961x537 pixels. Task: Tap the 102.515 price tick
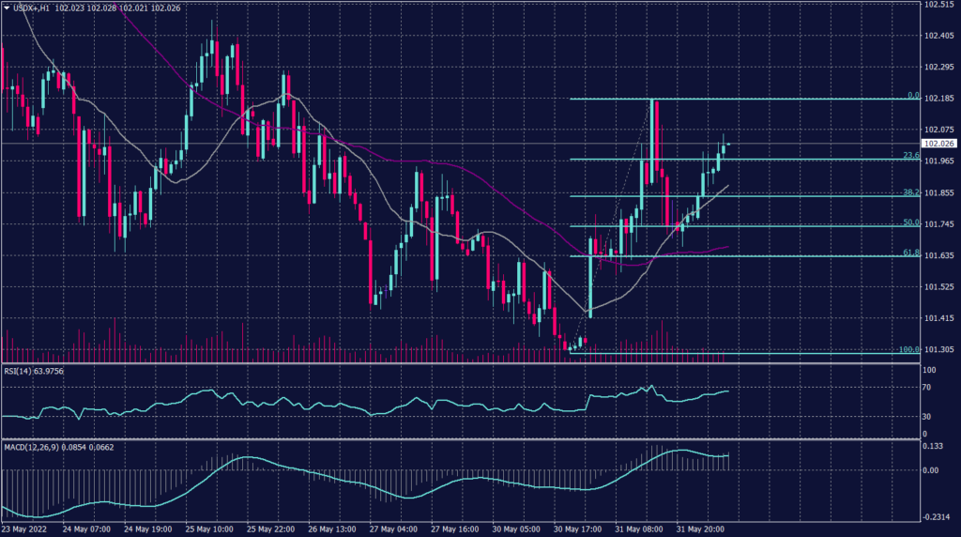939,5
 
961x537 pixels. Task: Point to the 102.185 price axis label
939,98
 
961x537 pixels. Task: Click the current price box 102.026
939,144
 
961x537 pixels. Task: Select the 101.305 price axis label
939,349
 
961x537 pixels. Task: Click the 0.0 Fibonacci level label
912,96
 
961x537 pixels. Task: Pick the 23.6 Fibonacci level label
910,156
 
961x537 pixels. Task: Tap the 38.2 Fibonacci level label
910,192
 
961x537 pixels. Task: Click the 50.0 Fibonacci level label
910,222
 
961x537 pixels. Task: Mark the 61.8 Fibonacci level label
910,253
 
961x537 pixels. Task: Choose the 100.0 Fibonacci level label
908,349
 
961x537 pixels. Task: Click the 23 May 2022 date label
25,529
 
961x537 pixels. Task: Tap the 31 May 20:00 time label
698,529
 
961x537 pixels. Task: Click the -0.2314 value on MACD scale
938,517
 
